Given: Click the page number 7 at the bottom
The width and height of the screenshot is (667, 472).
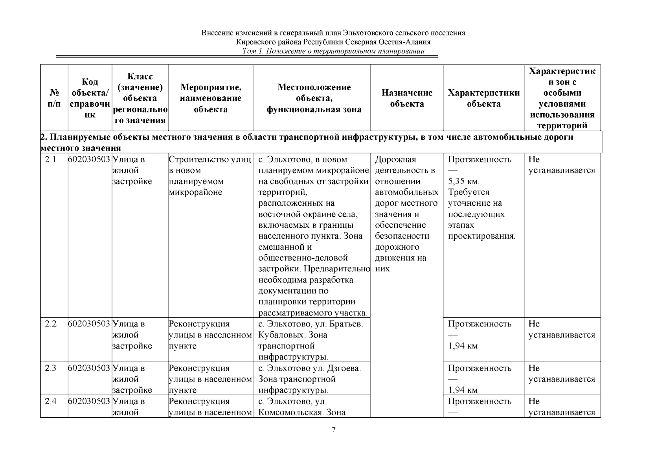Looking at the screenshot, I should (x=333, y=430).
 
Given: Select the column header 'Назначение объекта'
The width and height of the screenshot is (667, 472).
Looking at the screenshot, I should (x=407, y=98).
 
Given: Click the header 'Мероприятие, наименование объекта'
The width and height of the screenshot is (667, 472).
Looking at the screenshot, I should (x=211, y=98).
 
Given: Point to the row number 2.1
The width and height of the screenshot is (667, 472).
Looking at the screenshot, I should (x=51, y=160).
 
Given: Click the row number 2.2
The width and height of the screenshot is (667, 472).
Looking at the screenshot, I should (x=51, y=324).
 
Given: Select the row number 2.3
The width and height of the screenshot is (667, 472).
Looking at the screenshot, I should (x=51, y=369).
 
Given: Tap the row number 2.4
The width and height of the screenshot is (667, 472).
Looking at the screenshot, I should (x=51, y=402).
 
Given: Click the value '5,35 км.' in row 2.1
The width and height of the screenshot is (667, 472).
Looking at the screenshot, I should (x=464, y=182).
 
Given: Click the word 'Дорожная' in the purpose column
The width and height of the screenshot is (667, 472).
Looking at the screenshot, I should (x=395, y=160).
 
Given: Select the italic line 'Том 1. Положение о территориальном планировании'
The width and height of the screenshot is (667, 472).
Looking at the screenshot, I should (x=333, y=52).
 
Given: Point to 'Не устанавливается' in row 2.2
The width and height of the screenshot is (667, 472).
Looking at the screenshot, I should (x=561, y=330).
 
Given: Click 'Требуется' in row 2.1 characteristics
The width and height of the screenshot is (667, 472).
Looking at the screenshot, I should (x=469, y=193).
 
